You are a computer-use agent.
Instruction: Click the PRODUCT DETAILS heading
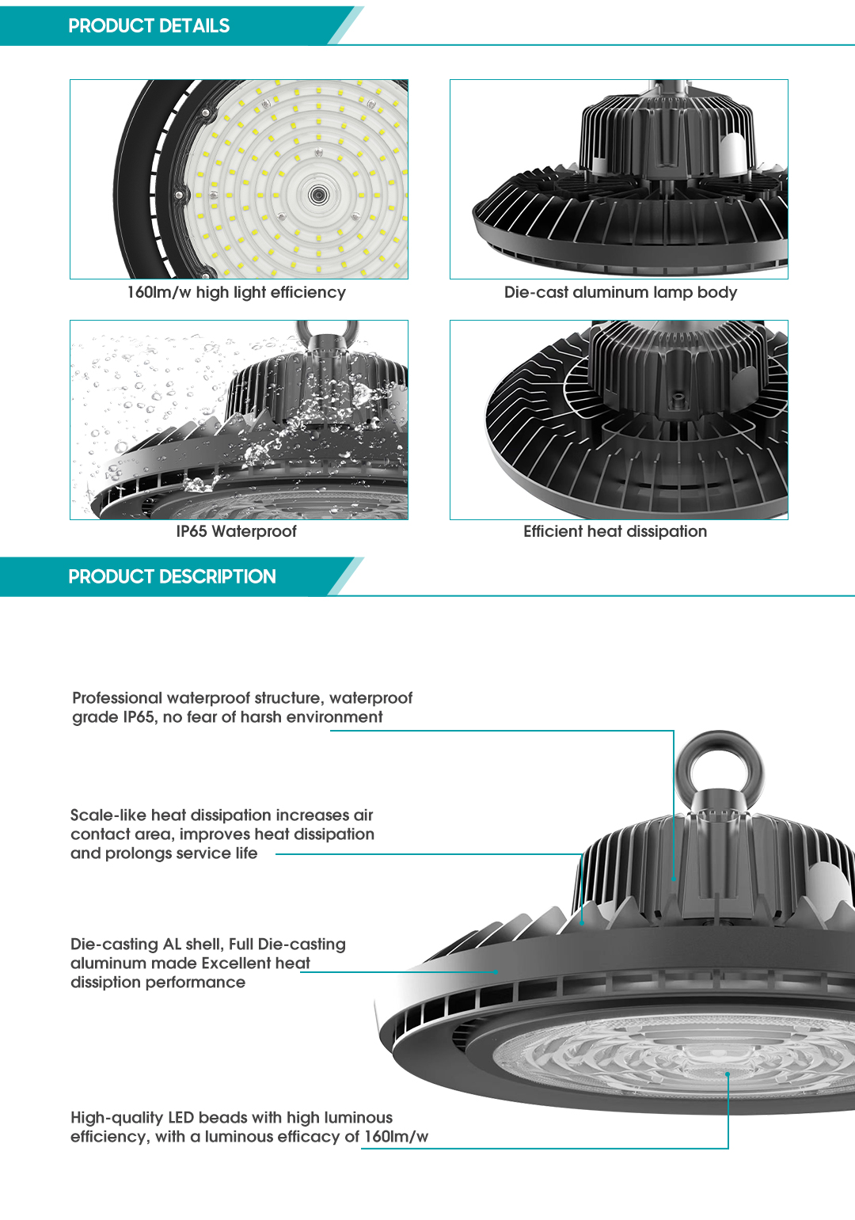click(149, 26)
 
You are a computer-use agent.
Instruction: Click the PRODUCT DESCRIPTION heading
click(172, 576)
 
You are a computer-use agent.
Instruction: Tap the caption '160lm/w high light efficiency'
click(236, 292)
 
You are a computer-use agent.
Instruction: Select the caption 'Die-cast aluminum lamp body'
click(620, 292)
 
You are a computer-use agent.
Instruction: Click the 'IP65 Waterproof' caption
click(236, 531)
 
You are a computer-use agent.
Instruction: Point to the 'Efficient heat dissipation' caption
click(614, 531)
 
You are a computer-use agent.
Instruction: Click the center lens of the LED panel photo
click(318, 194)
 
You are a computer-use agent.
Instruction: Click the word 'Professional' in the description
click(116, 697)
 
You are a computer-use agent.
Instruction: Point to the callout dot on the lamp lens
click(728, 1074)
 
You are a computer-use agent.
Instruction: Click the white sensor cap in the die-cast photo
click(732, 150)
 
